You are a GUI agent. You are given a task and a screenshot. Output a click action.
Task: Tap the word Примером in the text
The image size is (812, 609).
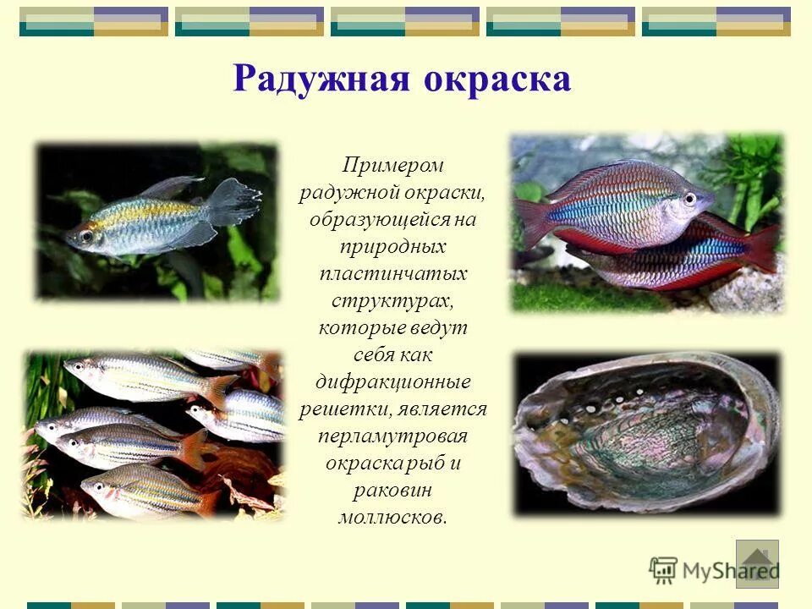click(x=392, y=165)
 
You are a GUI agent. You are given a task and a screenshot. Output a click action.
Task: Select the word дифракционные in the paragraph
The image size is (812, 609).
click(x=392, y=381)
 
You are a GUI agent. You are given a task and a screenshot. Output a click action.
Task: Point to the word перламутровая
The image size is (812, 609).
click(x=392, y=436)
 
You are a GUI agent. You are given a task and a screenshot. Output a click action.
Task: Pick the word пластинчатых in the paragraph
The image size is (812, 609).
click(x=392, y=274)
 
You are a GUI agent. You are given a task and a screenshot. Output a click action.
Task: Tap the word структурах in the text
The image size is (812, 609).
click(x=392, y=301)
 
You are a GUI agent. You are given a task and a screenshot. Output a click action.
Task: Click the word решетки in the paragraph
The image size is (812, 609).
click(x=344, y=409)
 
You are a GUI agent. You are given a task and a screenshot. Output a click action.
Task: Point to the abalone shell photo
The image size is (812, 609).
click(x=646, y=433)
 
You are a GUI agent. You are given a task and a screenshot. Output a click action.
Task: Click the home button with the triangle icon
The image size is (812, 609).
click(x=757, y=563)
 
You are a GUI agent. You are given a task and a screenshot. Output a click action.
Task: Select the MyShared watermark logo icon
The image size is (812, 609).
click(x=663, y=568)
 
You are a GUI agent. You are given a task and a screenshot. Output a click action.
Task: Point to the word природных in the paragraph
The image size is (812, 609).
click(x=392, y=247)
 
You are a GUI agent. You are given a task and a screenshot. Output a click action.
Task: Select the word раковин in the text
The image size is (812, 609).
click(x=392, y=491)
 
